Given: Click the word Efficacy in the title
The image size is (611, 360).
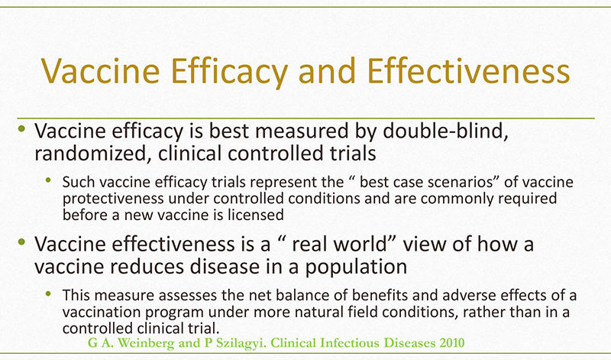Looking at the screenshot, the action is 229,72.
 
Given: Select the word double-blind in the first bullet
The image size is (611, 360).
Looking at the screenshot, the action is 446,131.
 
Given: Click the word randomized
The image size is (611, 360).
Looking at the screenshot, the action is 92,154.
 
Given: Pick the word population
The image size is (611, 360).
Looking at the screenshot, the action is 356,268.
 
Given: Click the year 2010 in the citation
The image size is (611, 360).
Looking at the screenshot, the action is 452,343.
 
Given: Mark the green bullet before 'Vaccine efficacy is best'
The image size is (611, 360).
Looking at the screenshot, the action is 21,128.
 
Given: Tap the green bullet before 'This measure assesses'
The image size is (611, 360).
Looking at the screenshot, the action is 48,294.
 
